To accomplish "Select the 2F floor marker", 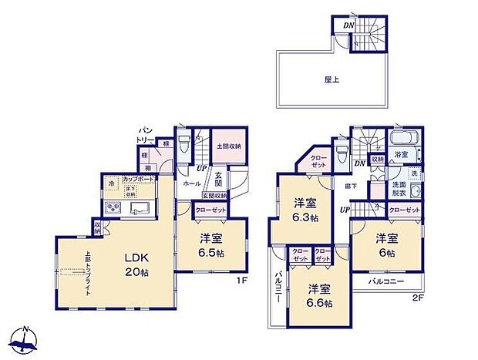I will coord(419,298).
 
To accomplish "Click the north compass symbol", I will coord(26,340).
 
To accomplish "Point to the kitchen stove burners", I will coord(112,207).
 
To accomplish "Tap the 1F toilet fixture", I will coord(182,144).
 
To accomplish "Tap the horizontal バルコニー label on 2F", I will coord(385,283).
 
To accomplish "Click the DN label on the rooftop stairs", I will coord(348,25).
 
